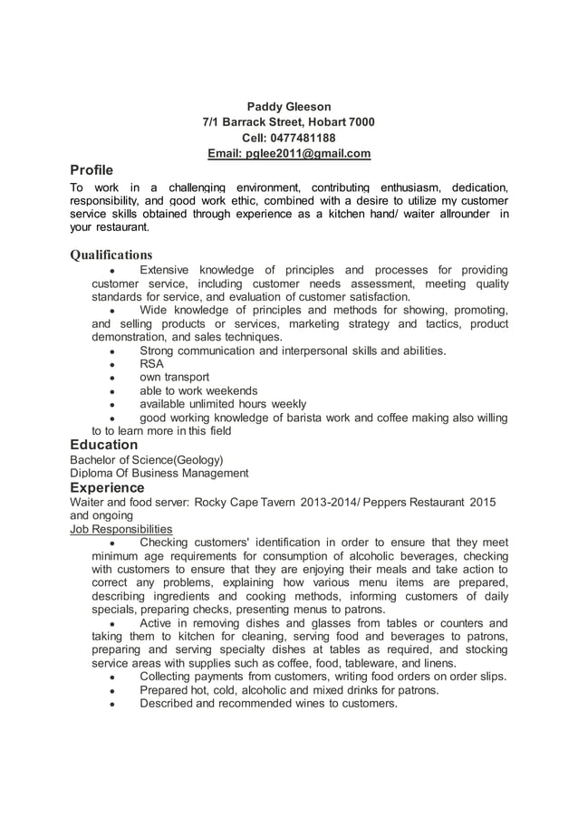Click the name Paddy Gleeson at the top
coord(289,107)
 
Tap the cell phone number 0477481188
coord(289,138)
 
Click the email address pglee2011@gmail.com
coord(289,153)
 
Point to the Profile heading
coord(92,170)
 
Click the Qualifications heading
coord(111,255)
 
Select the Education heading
coord(104,445)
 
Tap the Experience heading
coord(108,487)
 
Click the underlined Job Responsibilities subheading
coord(121,529)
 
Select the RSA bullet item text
coord(151,363)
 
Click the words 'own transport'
coord(174,377)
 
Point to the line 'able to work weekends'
coord(198,390)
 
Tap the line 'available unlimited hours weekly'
coord(223,404)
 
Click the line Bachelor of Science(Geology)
coord(147,459)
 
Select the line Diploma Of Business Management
coord(159,473)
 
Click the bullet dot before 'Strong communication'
coord(110,351)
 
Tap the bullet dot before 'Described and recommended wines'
coord(110,704)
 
